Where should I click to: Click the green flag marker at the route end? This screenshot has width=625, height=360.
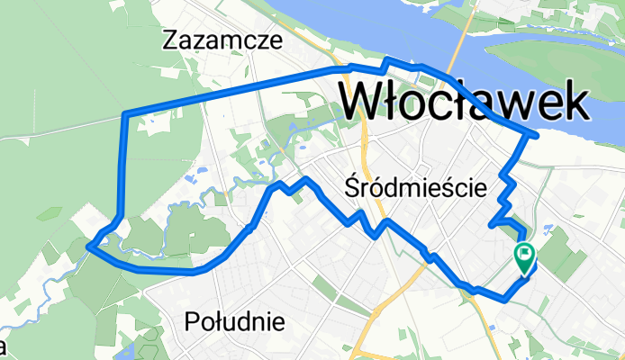pyautogui.click(x=524, y=257)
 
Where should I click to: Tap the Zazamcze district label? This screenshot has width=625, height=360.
pyautogui.click(x=222, y=40)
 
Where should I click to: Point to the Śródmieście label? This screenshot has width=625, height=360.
pyautogui.click(x=416, y=188)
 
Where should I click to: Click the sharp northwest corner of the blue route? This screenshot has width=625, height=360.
pyautogui.click(x=124, y=113)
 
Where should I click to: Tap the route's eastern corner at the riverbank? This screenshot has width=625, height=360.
pyautogui.click(x=537, y=136)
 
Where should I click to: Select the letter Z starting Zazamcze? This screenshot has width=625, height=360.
pyautogui.click(x=170, y=40)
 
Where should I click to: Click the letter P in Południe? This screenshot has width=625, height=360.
pyautogui.click(x=191, y=321)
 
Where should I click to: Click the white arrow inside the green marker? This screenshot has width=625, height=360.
pyautogui.click(x=524, y=254)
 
